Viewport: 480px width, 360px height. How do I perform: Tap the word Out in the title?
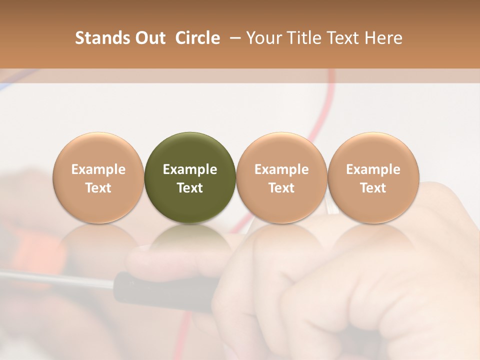(x=149, y=38)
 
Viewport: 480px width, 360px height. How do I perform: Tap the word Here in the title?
(x=383, y=38)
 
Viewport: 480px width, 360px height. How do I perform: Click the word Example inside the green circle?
(x=190, y=169)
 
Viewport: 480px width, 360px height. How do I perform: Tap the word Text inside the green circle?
(x=190, y=188)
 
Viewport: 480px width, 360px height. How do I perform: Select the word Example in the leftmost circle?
(x=98, y=169)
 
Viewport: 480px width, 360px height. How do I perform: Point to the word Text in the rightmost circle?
(x=373, y=188)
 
